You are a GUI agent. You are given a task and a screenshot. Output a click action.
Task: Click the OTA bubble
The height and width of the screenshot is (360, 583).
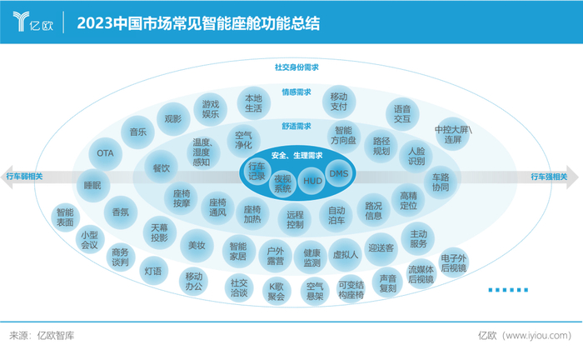click(105, 153)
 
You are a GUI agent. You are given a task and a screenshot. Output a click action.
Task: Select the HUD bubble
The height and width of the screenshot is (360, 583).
click(312, 180)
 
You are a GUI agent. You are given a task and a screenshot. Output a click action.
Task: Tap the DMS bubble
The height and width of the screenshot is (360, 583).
click(338, 173)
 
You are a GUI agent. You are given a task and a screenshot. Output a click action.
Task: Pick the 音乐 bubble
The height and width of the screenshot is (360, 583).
click(137, 131)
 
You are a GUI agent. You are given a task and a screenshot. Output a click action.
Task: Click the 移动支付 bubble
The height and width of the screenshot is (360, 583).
click(338, 101)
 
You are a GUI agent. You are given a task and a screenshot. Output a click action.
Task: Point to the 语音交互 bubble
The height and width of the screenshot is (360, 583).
click(402, 113)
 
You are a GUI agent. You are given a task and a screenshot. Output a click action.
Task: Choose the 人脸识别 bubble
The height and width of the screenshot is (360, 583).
click(416, 156)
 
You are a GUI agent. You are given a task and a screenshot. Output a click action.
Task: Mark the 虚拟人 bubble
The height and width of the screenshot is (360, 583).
click(345, 252)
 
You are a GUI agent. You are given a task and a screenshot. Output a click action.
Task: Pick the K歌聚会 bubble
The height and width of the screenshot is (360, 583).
click(276, 290)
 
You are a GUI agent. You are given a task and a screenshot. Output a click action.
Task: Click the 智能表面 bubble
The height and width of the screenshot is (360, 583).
click(65, 217)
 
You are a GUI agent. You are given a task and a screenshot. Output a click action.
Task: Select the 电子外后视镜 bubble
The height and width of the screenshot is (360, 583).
click(454, 262)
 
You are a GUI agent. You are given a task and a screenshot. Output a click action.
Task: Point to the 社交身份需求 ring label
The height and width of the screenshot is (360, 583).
click(297, 67)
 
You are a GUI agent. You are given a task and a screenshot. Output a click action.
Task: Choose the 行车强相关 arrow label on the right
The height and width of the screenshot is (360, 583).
click(549, 177)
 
